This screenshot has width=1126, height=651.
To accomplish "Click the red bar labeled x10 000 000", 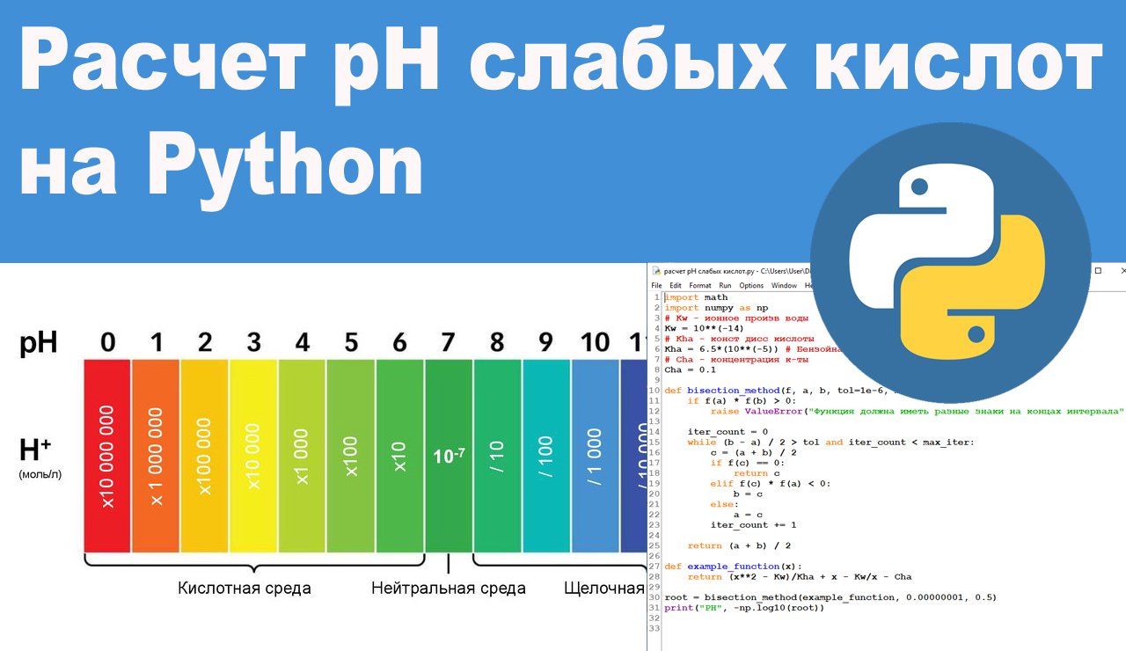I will [107, 456].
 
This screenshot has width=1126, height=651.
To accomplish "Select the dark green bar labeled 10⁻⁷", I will [449, 456].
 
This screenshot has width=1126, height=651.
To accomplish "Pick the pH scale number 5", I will [351, 341].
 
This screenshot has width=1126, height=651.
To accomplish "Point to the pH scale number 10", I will [595, 341].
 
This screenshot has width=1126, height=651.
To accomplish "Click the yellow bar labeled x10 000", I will [253, 456].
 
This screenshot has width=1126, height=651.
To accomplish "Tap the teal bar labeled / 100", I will [546, 456].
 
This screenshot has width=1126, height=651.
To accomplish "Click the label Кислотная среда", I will [244, 588].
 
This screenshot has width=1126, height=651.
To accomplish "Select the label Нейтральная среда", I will [448, 588].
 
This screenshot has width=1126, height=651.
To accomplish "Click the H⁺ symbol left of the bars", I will [34, 450].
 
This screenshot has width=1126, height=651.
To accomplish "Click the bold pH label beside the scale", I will [39, 342].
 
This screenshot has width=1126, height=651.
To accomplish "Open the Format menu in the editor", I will [700, 286].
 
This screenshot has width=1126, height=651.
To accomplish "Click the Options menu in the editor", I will [751, 286].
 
